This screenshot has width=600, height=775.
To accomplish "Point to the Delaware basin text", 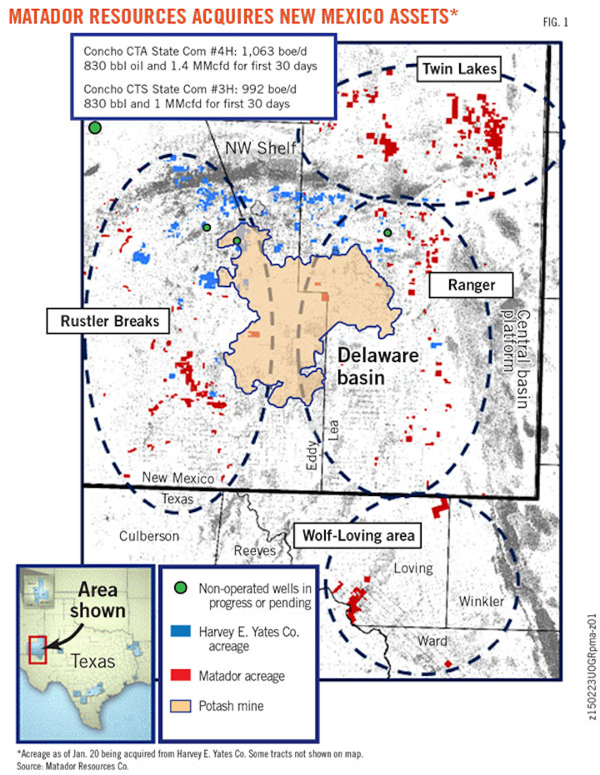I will coord(377,367).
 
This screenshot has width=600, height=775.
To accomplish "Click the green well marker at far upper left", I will coord(95,127).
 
